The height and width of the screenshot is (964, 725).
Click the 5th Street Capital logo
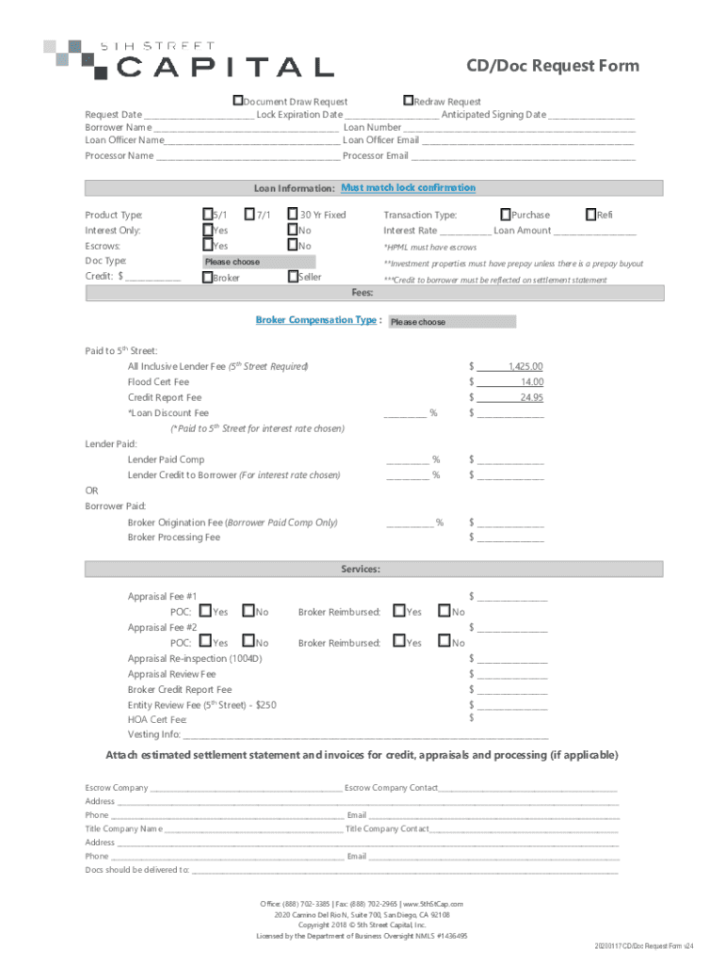188,58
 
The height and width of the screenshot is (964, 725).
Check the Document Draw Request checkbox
239,101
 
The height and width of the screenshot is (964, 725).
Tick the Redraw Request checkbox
408,101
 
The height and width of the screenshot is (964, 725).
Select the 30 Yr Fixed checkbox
293,215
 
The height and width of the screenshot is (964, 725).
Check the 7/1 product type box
250,215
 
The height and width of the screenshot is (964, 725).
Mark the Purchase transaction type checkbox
506,215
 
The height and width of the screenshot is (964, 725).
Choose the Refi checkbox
591,215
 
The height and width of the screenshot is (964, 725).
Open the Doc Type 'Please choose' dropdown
260,262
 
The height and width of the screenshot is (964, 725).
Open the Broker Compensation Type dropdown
451,322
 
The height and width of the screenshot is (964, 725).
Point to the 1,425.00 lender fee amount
525,366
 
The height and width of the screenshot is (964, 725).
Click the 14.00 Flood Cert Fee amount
531,382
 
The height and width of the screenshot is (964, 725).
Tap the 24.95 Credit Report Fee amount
531,397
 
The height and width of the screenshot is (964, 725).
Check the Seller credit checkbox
293,277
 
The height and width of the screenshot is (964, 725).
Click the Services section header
361,570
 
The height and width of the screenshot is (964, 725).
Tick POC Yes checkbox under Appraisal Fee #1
206,612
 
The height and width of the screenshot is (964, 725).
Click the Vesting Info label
153,734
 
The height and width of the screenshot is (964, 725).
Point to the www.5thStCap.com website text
433,904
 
